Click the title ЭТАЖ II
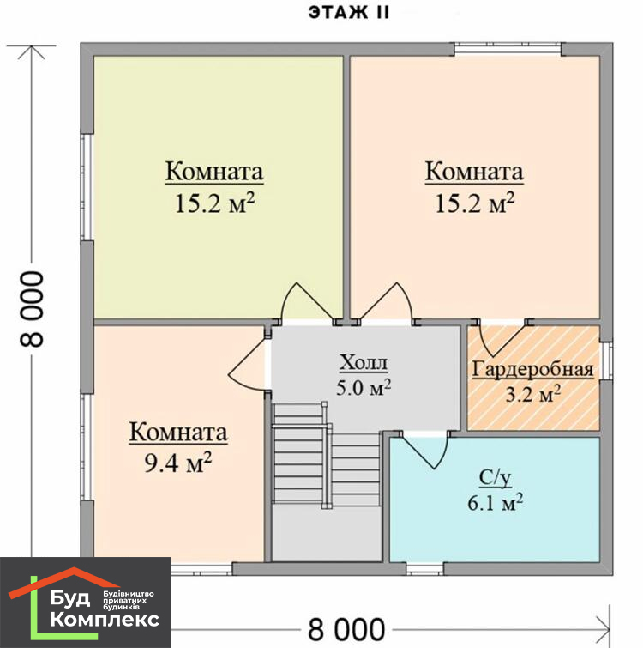349,12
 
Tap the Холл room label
364,362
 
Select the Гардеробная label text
532,369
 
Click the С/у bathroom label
495,478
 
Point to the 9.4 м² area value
177,463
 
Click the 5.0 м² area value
364,388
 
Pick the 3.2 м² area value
533,395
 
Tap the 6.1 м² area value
496,503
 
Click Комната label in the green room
214,171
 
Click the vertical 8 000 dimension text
32,308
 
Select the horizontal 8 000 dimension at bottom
346,629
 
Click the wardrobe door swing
501,339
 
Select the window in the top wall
508,48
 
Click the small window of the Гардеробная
606,360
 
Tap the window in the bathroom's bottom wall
424,569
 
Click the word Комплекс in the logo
105,620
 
